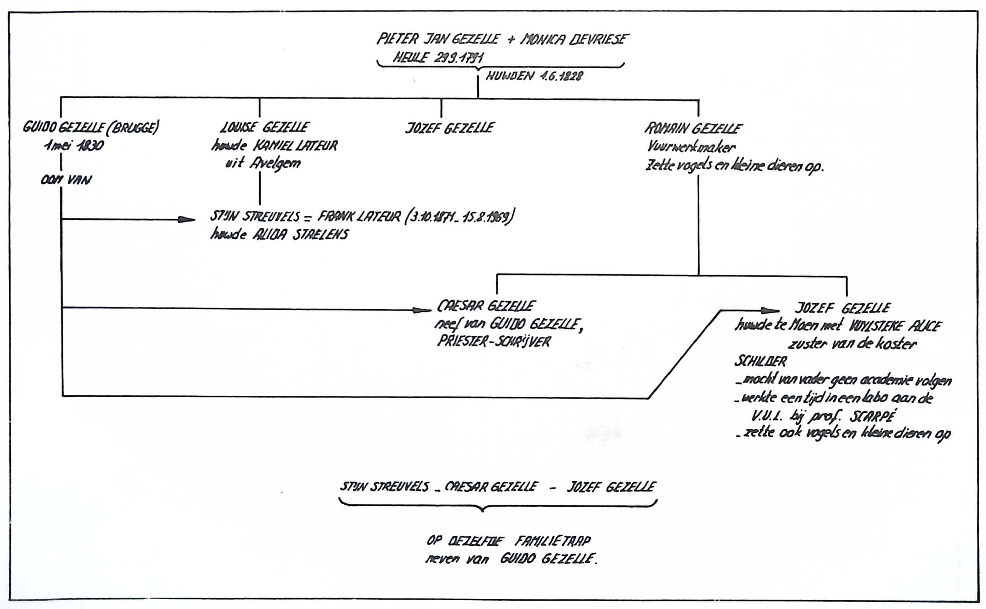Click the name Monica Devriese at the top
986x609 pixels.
tap(574, 39)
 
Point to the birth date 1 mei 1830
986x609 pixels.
tap(74, 145)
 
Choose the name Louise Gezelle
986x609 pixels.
tap(265, 127)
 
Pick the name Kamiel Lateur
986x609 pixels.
tap(295, 145)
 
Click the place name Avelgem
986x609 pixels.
tap(275, 164)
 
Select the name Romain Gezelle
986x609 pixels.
tap(693, 129)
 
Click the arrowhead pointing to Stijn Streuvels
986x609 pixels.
tap(186, 220)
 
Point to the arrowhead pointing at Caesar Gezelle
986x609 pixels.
tap(422, 310)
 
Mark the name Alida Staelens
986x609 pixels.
tap(300, 235)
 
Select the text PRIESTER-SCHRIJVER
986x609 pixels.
tap(494, 341)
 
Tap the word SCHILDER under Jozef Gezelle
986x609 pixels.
tap(760, 361)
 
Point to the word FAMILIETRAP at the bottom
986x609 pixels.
tap(552, 541)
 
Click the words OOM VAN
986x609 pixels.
tap(66, 180)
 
